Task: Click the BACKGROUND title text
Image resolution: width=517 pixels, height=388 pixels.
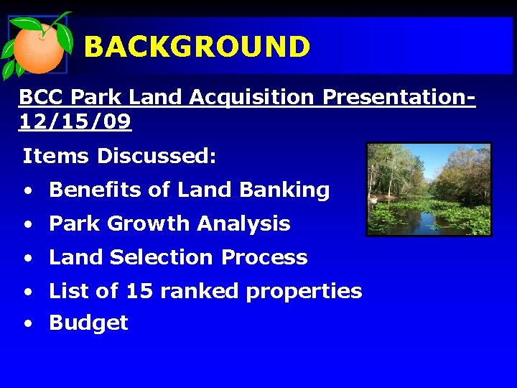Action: click(197, 47)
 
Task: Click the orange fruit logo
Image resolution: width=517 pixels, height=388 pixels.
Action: click(37, 47)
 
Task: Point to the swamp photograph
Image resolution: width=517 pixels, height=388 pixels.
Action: click(429, 189)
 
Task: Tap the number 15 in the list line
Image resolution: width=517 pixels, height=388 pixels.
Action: click(139, 291)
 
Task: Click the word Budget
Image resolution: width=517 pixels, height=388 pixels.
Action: click(88, 323)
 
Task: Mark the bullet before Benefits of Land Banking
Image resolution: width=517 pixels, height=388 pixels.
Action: click(27, 192)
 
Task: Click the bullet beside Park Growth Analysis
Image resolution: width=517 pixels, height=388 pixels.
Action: click(27, 225)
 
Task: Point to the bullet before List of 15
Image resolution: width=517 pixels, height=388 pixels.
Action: click(27, 292)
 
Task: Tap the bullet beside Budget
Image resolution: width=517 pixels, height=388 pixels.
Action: click(27, 325)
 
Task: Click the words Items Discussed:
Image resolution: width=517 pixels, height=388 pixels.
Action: click(119, 156)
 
